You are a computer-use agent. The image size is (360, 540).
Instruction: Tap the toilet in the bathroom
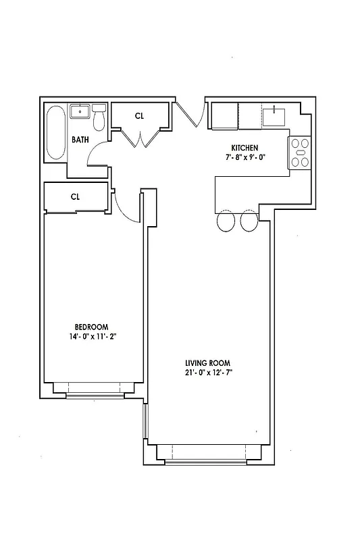99,117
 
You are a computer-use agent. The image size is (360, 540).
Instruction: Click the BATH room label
80,140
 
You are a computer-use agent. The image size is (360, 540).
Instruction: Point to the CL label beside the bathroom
139,116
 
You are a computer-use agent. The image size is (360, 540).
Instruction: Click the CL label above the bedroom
76,197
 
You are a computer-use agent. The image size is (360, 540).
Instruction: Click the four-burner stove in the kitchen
300,153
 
